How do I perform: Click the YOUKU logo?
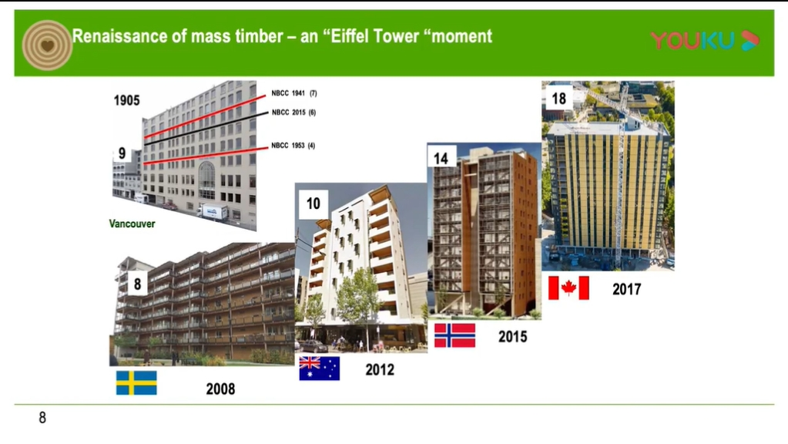[705, 40]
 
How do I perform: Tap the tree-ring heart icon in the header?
[47, 45]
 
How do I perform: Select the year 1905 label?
[126, 100]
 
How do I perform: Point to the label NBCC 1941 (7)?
[294, 93]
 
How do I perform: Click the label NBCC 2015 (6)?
[294, 112]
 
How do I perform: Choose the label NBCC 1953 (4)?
[293, 146]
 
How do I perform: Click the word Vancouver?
[132, 224]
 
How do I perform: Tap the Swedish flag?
[136, 382]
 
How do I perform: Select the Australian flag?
[319, 368]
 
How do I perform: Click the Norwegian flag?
[454, 335]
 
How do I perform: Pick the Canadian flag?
[568, 288]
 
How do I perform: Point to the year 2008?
[220, 388]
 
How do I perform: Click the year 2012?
[380, 369]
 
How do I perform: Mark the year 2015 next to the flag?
[512, 336]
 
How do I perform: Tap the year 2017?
[627, 289]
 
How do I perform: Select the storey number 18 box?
[558, 98]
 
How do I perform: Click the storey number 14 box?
[441, 157]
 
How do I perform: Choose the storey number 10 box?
[314, 203]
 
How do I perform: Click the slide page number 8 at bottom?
[42, 418]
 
